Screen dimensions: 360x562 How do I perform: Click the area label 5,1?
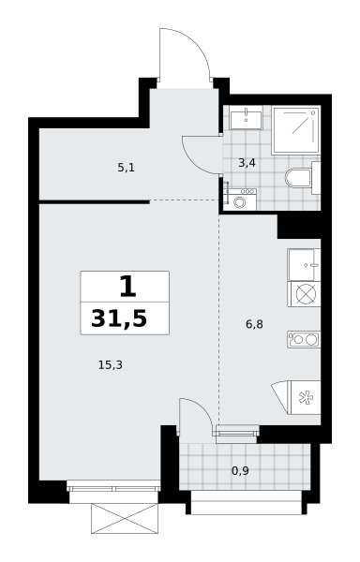click(127, 168)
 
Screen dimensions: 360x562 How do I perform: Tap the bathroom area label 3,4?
click(247, 163)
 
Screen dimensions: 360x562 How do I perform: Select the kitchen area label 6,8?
click(254, 324)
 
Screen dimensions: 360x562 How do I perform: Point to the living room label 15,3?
click(111, 365)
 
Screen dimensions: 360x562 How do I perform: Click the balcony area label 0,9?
click(240, 470)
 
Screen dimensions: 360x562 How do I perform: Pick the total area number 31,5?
click(119, 318)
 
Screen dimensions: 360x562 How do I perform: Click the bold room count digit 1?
click(128, 288)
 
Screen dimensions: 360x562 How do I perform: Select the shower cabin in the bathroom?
click(295, 130)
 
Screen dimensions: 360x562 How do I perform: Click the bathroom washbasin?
click(246, 118)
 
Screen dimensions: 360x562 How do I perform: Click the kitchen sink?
click(304, 264)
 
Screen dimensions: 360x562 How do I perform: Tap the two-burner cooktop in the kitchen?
click(304, 339)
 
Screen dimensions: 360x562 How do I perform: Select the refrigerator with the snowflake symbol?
click(306, 398)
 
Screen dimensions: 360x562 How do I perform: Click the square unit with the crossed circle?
click(304, 294)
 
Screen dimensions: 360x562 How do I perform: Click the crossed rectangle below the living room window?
click(125, 518)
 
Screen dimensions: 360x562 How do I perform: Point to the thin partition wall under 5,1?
click(95, 202)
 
